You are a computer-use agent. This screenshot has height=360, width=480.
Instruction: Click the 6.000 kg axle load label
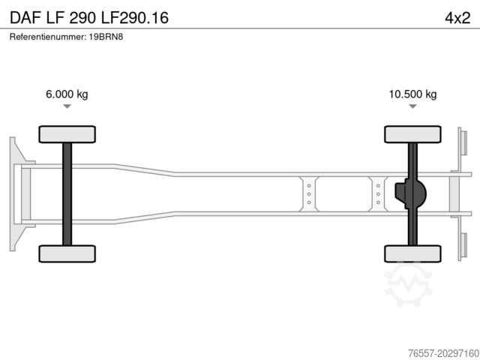coord(67,94)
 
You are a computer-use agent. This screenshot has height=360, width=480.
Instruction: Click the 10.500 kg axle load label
coord(412,94)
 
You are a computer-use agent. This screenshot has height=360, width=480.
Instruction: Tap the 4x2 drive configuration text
coord(457,18)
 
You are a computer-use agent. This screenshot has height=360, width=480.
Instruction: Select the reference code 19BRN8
coord(106,37)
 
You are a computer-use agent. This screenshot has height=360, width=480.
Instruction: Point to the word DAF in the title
coord(25,18)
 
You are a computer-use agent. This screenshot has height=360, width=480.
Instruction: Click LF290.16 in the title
coord(135,18)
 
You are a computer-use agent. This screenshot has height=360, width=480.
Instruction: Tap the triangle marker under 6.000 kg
coord(67,106)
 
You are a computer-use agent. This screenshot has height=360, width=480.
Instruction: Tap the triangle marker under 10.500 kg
coord(412,106)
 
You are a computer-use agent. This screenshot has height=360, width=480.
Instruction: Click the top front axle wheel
coord(67,134)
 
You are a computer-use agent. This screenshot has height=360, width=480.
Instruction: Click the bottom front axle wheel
coord(67,253)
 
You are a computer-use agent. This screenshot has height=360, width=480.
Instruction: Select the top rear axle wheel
coord(412,134)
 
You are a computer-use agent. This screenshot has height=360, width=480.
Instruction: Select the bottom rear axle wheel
coord(412,253)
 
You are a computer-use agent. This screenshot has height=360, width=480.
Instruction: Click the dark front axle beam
coord(67,194)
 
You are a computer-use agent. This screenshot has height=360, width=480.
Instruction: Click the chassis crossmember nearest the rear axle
coord(378,194)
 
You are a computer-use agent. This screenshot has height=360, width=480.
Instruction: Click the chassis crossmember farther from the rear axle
coord(309,194)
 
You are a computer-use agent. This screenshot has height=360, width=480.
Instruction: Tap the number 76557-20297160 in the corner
coord(443,353)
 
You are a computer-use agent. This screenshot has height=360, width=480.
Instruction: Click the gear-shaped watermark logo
coord(408,285)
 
